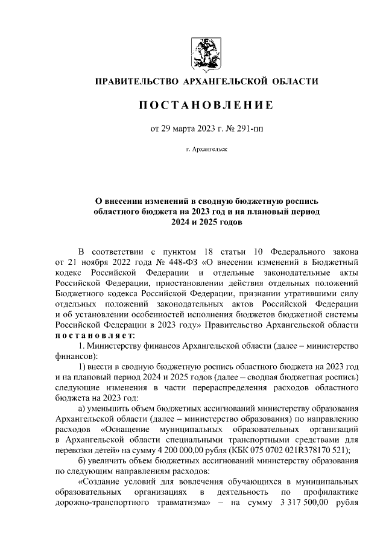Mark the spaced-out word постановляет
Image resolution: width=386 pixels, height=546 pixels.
click(95, 335)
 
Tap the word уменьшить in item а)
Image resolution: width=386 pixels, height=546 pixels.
click(113, 407)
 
